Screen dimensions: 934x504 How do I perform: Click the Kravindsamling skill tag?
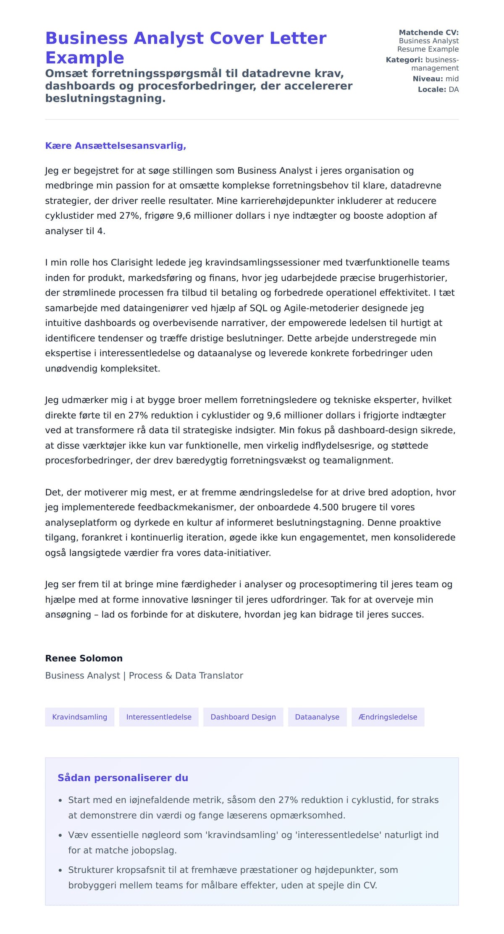tap(79, 717)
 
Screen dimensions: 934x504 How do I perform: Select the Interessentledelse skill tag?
tap(159, 717)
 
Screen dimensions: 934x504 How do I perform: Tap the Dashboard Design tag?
tap(243, 717)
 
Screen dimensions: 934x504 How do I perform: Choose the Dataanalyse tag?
tap(317, 717)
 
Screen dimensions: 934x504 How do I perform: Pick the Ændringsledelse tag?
tap(388, 717)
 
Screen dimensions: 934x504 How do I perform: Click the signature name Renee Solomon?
tap(84, 658)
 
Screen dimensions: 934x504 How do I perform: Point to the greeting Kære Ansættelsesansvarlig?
tap(115, 146)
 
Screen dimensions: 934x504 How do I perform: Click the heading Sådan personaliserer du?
tap(123, 777)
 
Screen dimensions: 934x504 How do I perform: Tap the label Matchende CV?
tap(428, 32)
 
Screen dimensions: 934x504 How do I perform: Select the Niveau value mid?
tap(452, 78)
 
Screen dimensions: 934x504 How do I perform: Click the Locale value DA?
tap(454, 89)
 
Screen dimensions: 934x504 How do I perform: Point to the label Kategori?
tap(404, 60)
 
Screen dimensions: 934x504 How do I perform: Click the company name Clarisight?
tap(132, 262)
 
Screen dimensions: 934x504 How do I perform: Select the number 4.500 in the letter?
tap(326, 507)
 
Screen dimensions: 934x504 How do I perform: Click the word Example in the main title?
tap(84, 58)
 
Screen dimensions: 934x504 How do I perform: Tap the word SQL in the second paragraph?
tap(258, 308)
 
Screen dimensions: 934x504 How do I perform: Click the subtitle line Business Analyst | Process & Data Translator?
tap(144, 675)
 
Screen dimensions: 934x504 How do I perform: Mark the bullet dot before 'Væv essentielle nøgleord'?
tap(60, 835)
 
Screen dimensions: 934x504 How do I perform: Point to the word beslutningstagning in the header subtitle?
tap(105, 98)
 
